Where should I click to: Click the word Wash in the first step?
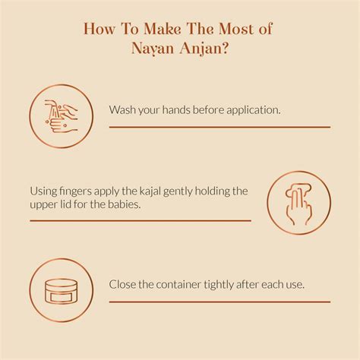[x=124, y=110]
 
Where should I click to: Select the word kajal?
[x=150, y=191]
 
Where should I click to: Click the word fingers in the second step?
[x=79, y=191]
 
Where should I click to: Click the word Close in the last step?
[x=125, y=286]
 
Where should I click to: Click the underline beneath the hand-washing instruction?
[x=219, y=127]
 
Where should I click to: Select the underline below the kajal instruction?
[x=140, y=220]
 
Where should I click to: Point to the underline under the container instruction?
[x=219, y=302]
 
